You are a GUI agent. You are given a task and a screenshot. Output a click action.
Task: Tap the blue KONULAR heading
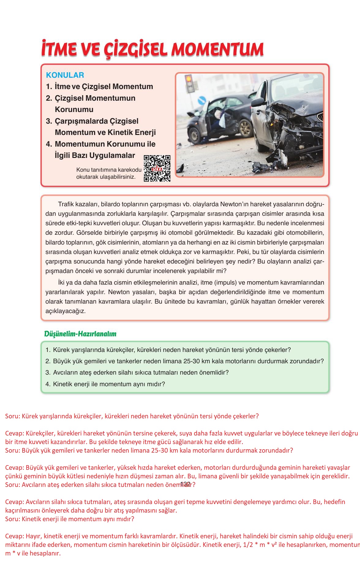tap(65, 75)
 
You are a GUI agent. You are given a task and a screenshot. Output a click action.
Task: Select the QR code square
tap(157, 169)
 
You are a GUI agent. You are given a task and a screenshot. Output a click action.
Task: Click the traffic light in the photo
tap(189, 83)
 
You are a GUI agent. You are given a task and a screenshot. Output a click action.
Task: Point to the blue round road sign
tap(202, 100)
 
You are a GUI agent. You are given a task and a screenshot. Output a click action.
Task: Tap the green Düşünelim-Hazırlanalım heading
tap(80, 334)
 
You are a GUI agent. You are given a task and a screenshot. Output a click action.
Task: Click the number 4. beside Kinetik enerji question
tap(48, 384)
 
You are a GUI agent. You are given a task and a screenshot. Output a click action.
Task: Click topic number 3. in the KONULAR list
tap(49, 121)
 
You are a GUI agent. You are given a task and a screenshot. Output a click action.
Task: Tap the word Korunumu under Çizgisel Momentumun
tap(74, 110)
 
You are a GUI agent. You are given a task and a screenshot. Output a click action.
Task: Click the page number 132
tap(186, 484)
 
